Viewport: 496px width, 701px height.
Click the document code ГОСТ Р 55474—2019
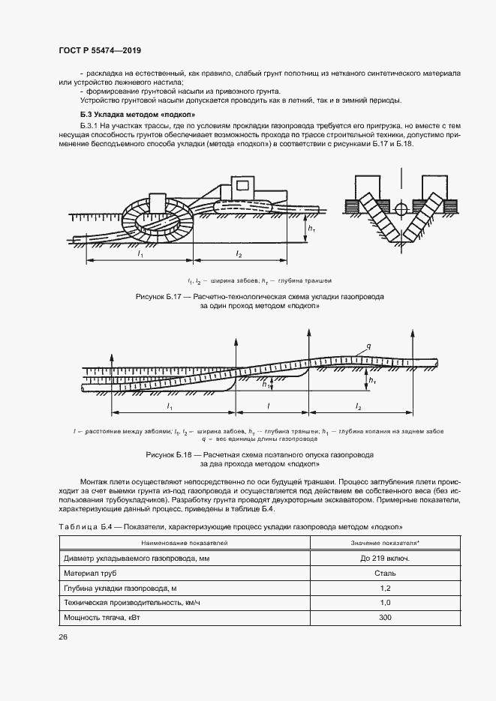[x=99, y=50]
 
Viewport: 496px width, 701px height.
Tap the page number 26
[x=63, y=637]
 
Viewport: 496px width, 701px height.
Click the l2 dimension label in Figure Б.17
[x=239, y=255]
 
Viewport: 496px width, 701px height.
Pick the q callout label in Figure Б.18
[x=368, y=346]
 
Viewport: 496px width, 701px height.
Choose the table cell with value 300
[x=385, y=617]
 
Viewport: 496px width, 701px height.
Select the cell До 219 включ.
[x=385, y=559]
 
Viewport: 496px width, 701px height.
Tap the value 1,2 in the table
[x=385, y=588]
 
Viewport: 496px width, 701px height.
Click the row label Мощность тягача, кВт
[x=103, y=617]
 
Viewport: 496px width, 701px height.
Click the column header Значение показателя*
[x=385, y=542]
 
